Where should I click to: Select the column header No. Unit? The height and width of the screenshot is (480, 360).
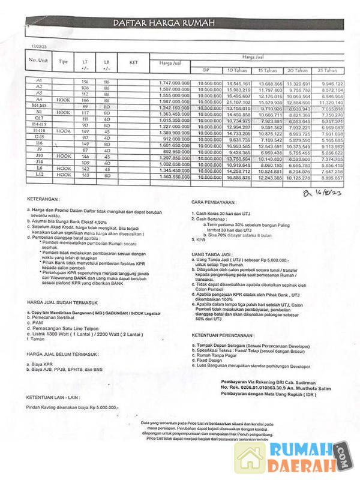click(38, 61)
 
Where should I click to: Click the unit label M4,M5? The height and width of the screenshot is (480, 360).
click(39, 106)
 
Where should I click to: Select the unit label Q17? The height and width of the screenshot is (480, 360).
click(39, 118)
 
